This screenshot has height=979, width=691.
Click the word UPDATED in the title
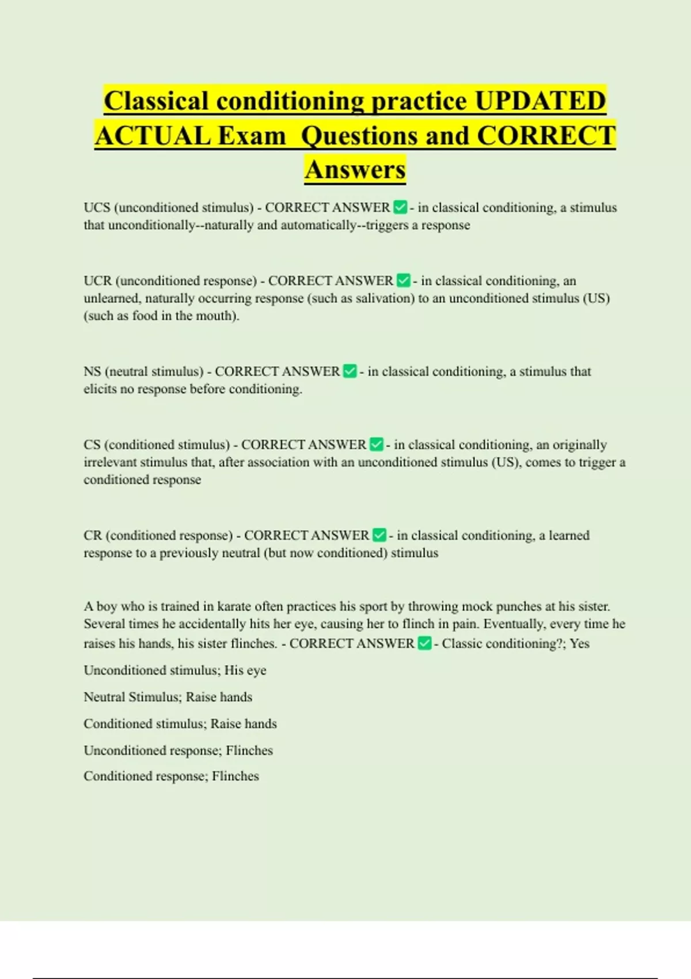[x=540, y=101]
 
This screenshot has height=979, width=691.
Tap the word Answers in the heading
[x=355, y=169]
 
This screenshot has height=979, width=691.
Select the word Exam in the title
[x=252, y=136]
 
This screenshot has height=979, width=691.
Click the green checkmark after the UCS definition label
[x=400, y=207]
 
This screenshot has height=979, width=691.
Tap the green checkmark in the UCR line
[x=404, y=280]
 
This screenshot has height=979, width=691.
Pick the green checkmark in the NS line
[x=350, y=371]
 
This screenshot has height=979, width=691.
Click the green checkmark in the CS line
[x=376, y=445]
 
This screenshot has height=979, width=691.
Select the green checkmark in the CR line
[x=379, y=536]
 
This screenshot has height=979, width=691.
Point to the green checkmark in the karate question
[x=424, y=643]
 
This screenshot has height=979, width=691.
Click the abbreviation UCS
[x=97, y=207]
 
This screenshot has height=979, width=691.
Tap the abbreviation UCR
[x=97, y=280]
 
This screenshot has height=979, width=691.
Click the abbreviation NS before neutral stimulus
[x=92, y=371]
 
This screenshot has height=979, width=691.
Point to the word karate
[x=234, y=606]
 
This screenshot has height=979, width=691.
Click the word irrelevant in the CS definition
[x=110, y=462]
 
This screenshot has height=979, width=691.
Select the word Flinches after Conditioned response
[x=236, y=776]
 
